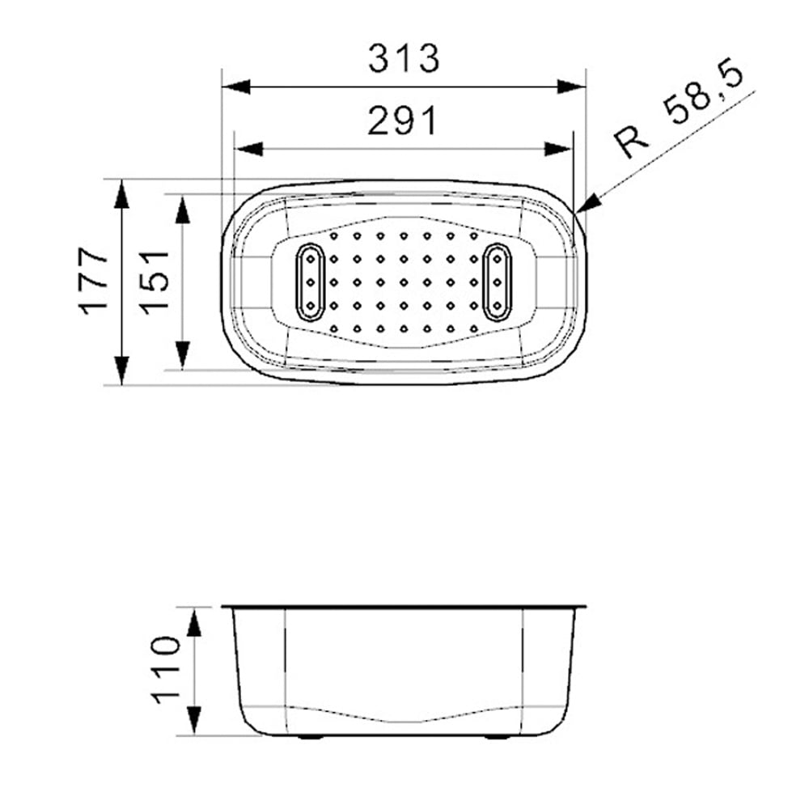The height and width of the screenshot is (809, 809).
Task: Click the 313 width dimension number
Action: tap(404, 58)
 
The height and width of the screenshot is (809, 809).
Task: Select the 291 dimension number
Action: tap(402, 121)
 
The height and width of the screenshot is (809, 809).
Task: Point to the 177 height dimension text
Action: tap(93, 282)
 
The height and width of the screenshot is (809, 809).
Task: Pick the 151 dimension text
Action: tap(155, 282)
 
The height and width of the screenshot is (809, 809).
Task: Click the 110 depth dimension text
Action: tap(166, 670)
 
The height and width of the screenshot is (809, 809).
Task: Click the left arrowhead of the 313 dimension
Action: tap(235, 87)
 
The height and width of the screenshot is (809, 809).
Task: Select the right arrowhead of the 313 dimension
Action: tap(572, 87)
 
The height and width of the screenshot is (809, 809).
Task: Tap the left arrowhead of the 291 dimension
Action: tap(248, 150)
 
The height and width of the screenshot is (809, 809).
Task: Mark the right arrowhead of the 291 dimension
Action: tap(559, 150)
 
